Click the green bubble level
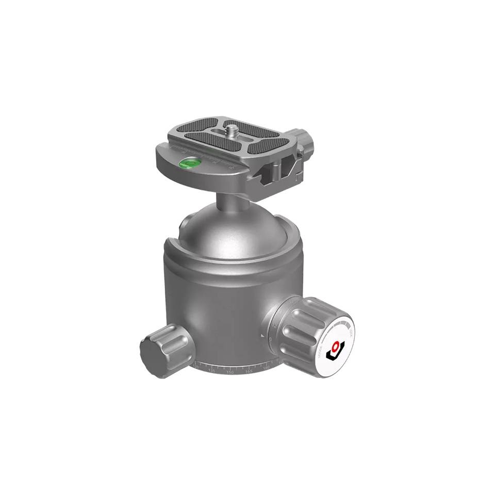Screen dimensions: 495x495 click(189, 164)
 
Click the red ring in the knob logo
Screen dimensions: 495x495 click(337, 346)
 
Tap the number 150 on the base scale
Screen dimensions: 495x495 click(230, 371)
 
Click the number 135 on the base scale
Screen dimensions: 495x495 click(211, 370)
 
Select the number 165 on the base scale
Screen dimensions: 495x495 click(249, 371)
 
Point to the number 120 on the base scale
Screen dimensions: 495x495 click(196, 366)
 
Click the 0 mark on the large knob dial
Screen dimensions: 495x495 click(271, 339)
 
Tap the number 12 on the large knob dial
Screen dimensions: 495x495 click(275, 325)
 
